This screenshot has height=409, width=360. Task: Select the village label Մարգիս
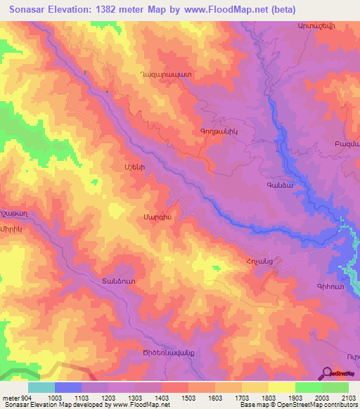coord(157,217)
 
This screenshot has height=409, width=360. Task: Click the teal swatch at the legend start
coord(41,387)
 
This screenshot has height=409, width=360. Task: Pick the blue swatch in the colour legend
coord(67,387)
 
